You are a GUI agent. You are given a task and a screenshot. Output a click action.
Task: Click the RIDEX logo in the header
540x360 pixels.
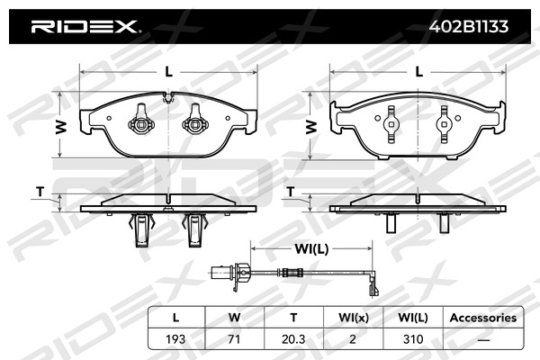(x=85, y=26)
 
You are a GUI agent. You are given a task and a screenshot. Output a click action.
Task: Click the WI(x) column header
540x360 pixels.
(x=353, y=318)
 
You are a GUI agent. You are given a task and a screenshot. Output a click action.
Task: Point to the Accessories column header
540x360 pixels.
(x=482, y=318)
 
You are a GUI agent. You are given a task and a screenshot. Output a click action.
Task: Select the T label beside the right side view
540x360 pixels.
(x=292, y=192)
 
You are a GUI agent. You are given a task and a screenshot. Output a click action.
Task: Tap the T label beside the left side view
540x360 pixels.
(x=40, y=192)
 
